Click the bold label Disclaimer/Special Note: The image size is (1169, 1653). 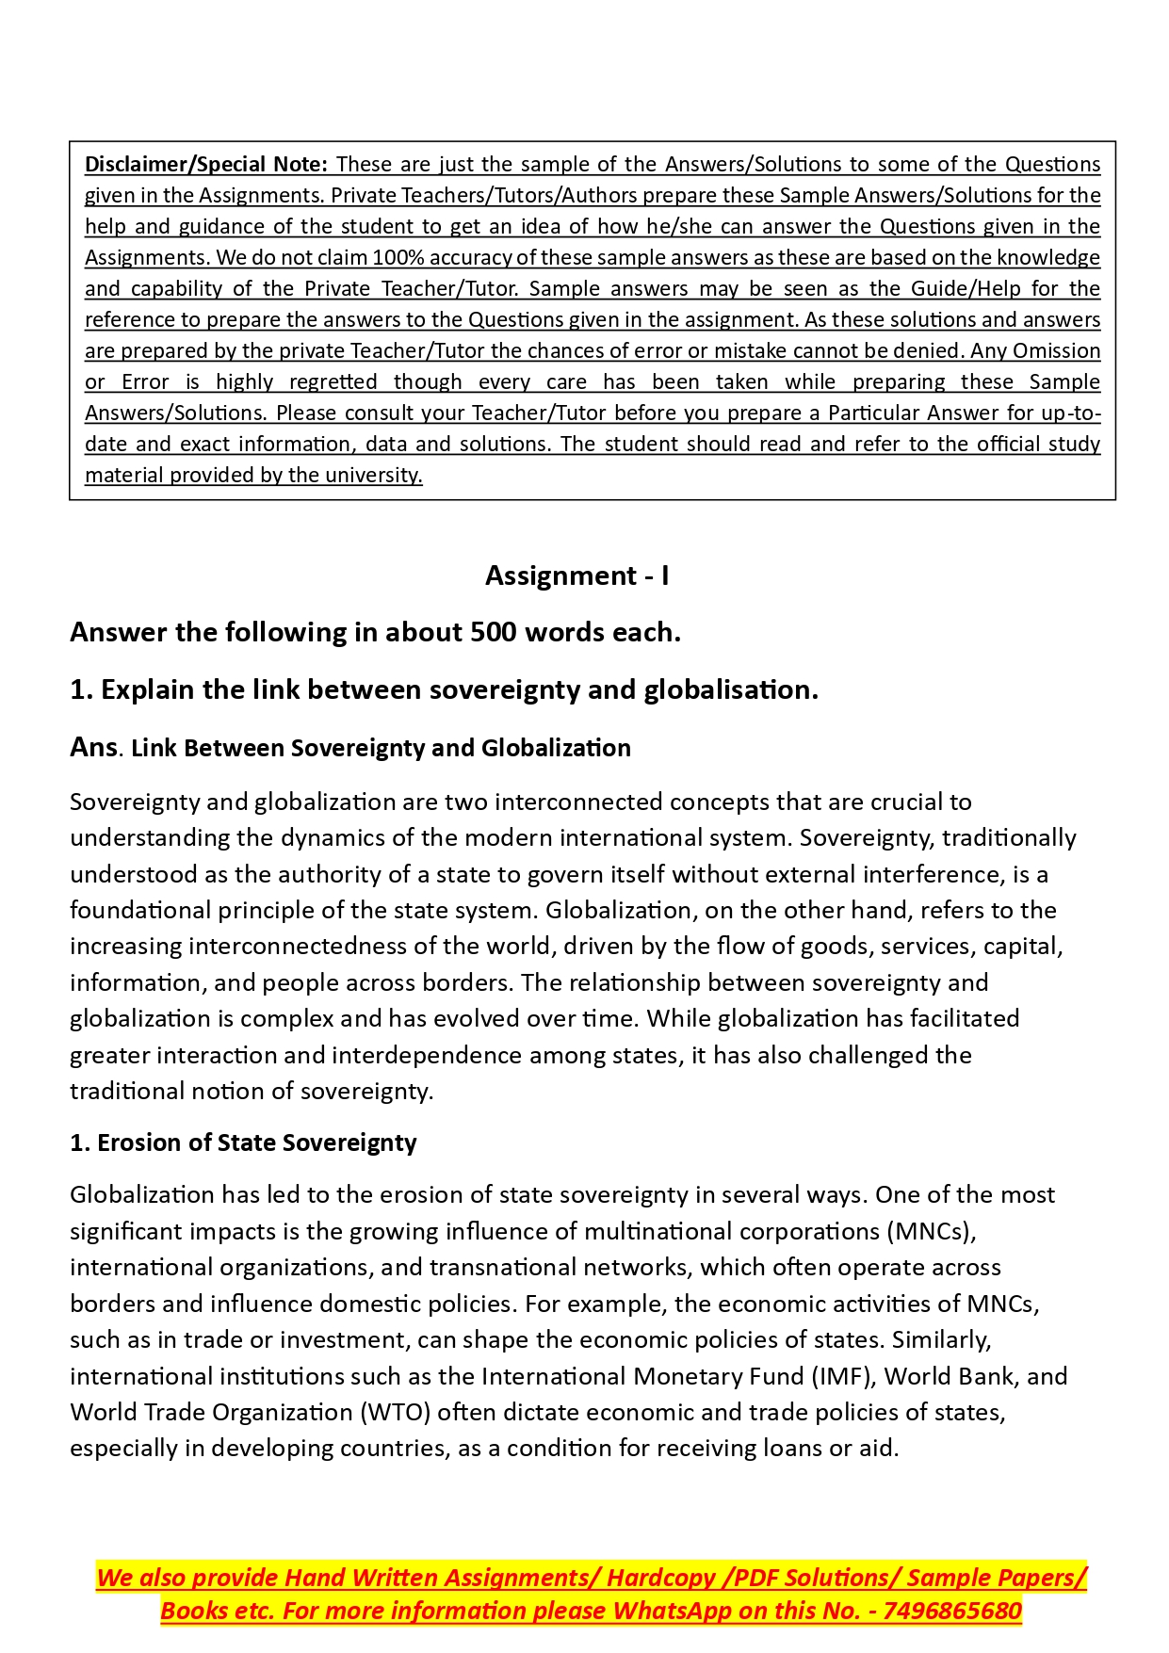click(206, 164)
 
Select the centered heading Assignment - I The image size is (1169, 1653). click(576, 575)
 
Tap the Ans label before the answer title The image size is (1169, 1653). click(93, 747)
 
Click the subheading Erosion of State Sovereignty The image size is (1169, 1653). click(256, 1143)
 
